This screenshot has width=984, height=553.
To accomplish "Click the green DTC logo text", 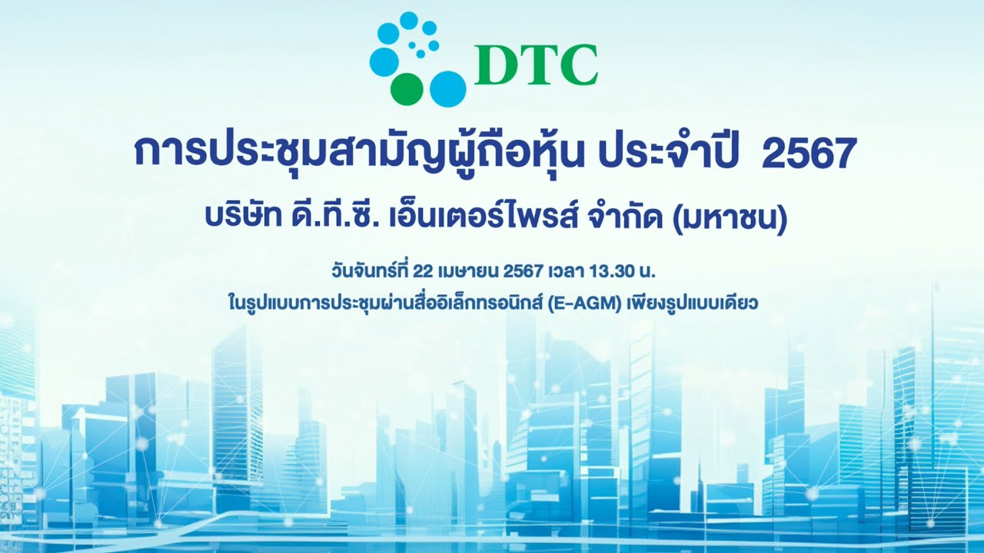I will tap(536, 66).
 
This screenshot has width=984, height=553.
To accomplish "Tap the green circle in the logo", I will tap(407, 88).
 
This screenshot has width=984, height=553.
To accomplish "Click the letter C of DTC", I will tap(581, 66).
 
